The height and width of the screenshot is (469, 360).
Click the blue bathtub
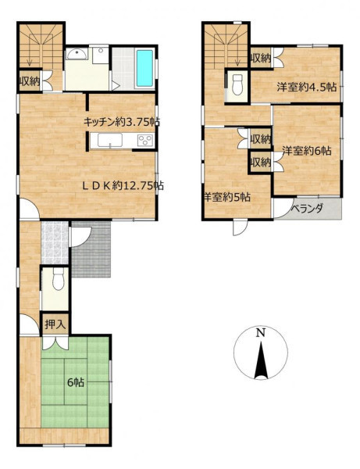(144, 67)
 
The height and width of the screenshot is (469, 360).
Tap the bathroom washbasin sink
(77, 54)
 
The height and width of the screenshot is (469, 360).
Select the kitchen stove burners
(145, 140)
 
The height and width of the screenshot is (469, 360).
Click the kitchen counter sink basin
(110, 140)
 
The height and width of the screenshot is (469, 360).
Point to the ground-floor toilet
(58, 279)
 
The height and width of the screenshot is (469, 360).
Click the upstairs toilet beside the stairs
(237, 85)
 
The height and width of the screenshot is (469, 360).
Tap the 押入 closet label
(55, 324)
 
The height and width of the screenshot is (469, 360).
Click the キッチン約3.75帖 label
(121, 122)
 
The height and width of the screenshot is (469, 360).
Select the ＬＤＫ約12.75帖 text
(123, 186)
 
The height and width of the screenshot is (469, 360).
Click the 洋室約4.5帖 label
(306, 87)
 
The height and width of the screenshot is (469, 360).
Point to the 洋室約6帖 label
(307, 151)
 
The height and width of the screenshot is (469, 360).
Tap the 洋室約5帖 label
(227, 197)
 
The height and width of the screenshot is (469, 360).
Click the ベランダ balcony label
(308, 208)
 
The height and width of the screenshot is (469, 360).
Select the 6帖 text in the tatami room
(75, 382)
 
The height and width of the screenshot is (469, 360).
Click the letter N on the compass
(261, 332)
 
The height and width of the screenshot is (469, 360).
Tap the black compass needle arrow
(261, 360)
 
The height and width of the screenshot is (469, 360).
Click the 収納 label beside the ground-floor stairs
(30, 81)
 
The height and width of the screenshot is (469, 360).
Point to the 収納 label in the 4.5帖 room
(261, 59)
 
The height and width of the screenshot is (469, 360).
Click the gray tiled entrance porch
(91, 249)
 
